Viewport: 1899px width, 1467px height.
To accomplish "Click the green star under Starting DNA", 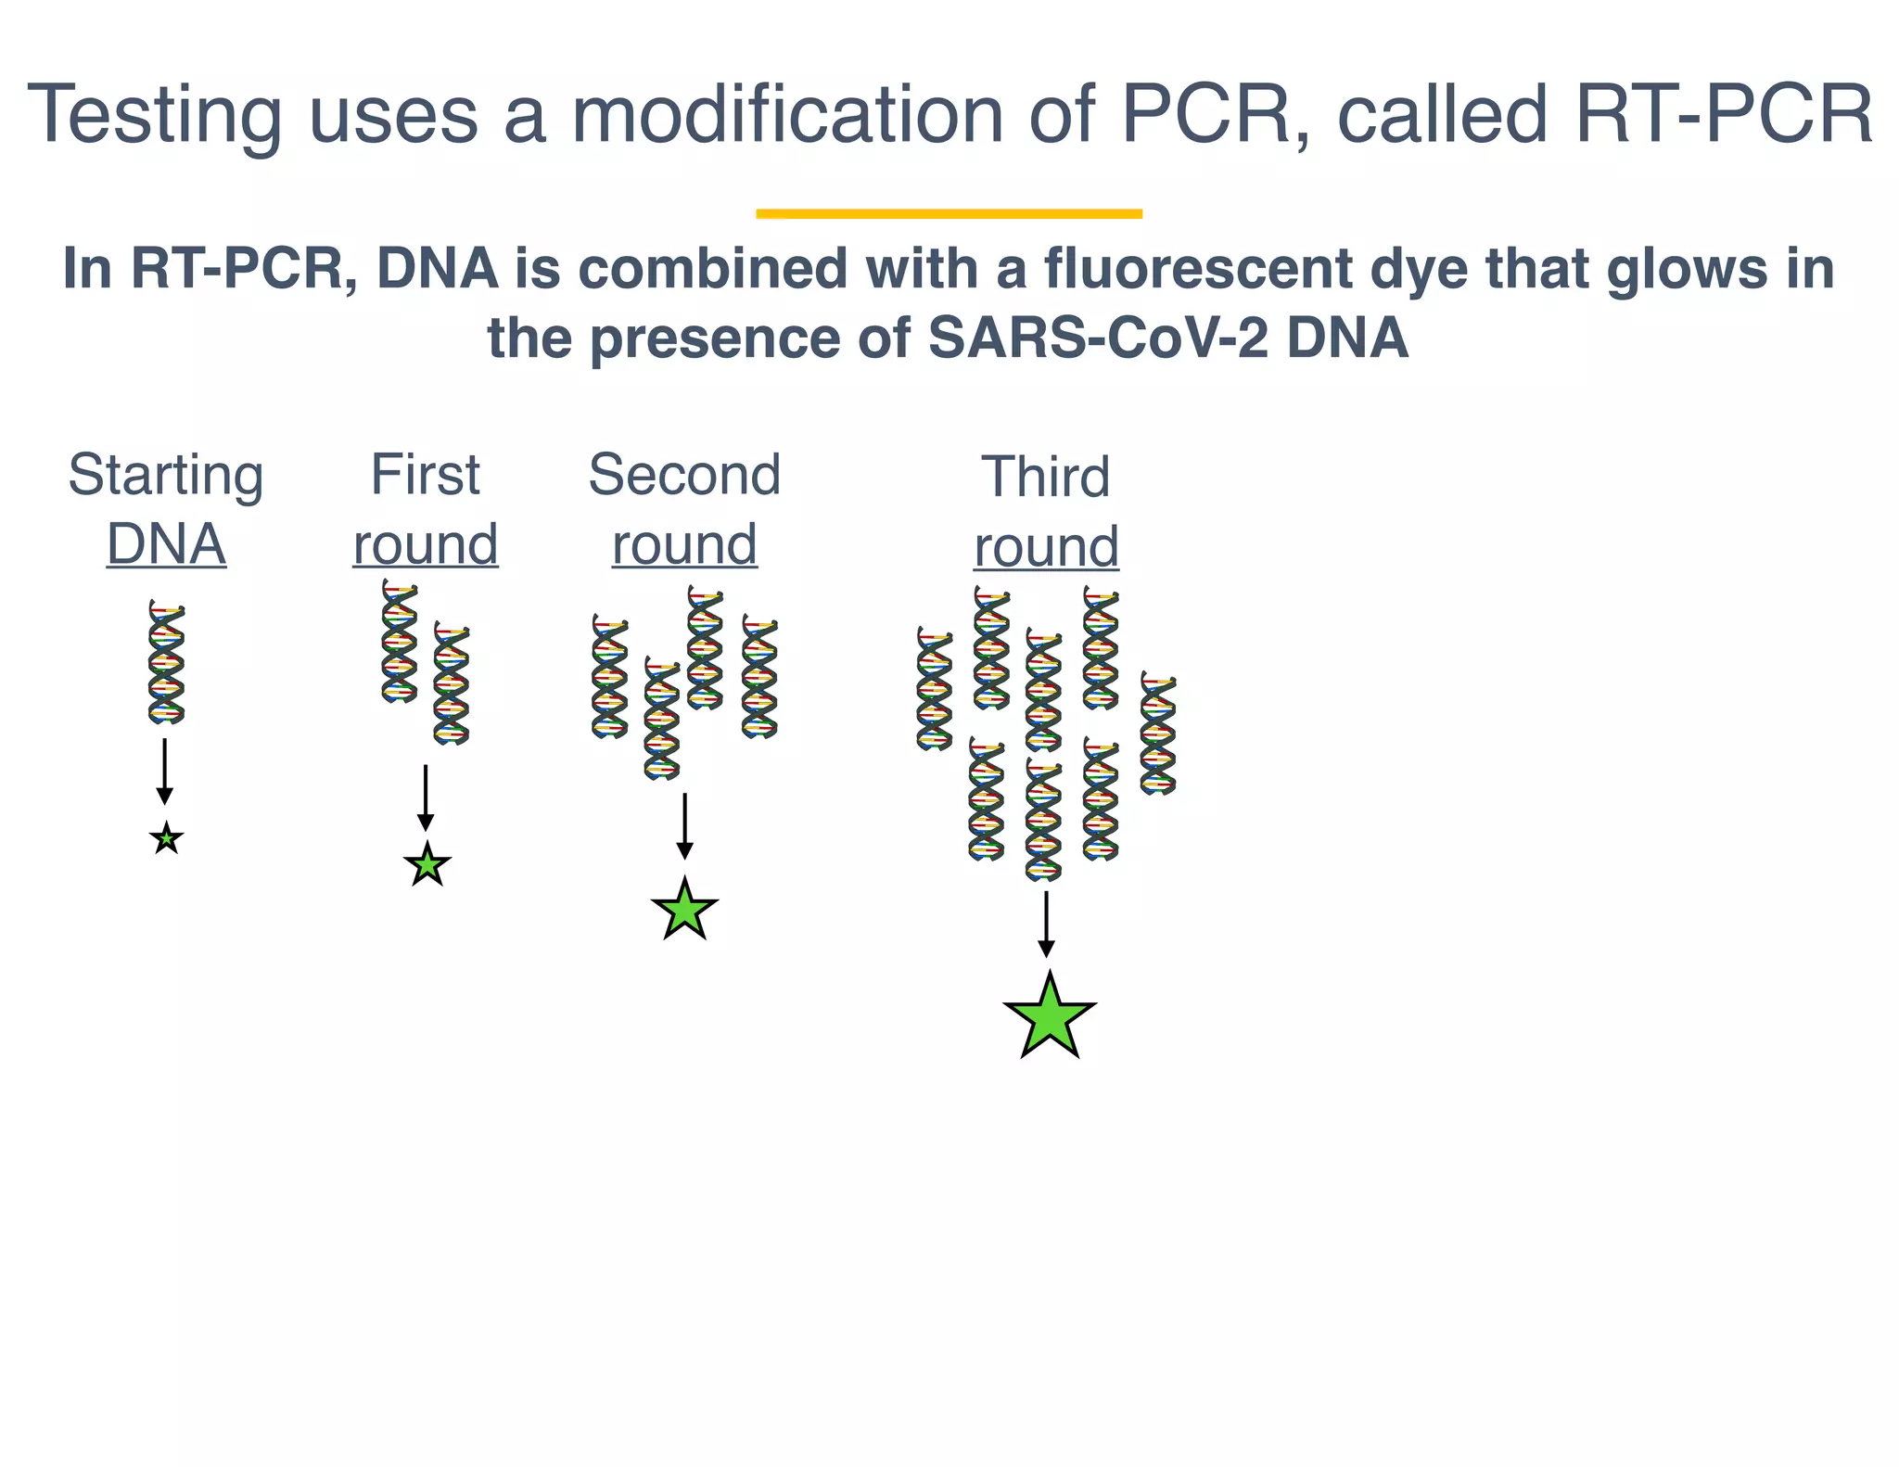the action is point(166,839).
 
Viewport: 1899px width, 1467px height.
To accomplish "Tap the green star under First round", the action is point(427,865).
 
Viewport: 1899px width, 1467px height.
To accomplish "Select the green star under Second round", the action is point(684,911).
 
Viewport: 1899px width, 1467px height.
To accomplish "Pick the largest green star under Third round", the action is point(1049,1018).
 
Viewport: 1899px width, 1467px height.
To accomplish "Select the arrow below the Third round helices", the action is point(1046,924).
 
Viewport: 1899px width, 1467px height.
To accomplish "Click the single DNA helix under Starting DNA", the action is point(167,662).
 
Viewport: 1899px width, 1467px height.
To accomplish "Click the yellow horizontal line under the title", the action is point(949,214).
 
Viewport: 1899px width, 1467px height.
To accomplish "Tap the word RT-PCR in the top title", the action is point(1724,115).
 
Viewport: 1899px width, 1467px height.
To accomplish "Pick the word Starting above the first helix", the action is point(166,476).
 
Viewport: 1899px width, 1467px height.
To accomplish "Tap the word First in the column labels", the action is point(425,475).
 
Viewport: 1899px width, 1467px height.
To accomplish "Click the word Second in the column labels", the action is point(684,475).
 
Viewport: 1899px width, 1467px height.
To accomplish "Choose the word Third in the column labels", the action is point(1045,477).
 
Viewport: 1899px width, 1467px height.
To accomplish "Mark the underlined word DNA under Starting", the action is point(166,544).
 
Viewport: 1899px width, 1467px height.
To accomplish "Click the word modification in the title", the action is point(786,115).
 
